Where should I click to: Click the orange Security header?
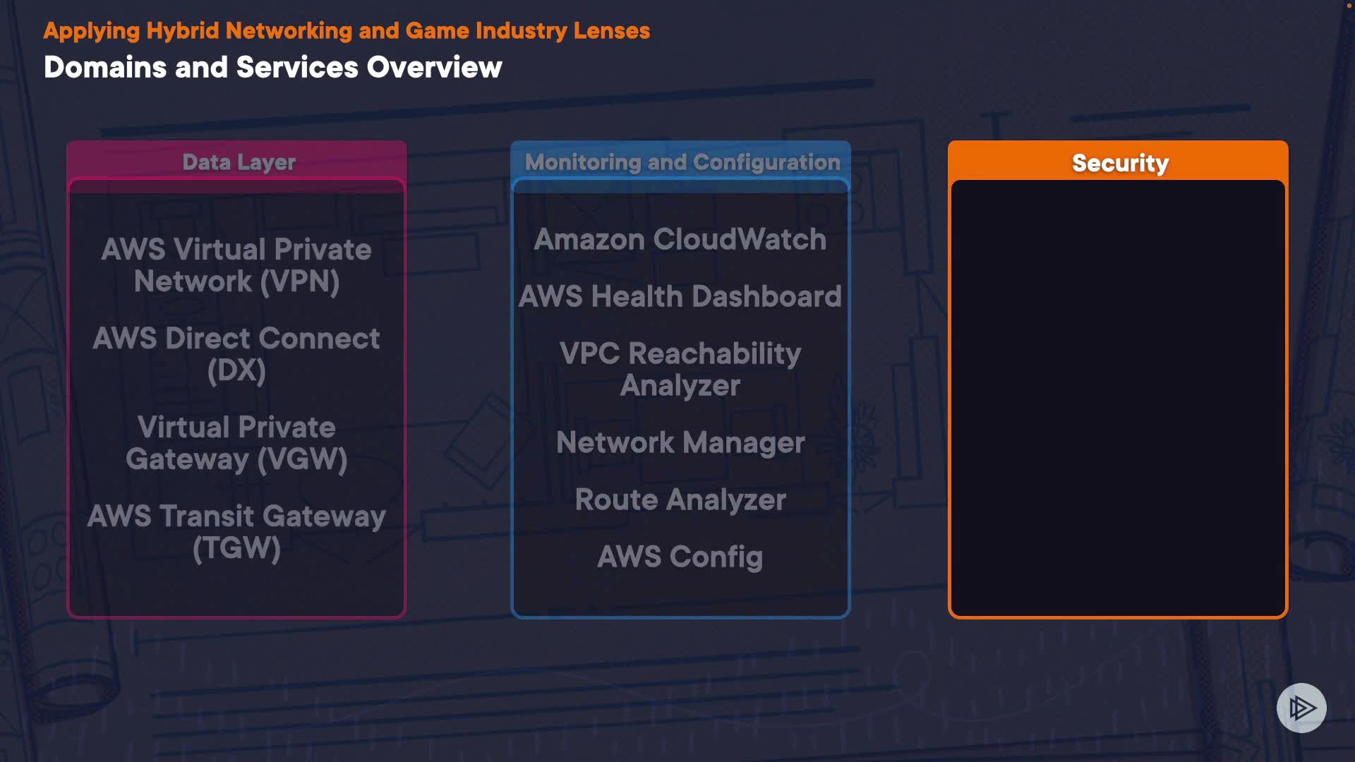[1119, 163]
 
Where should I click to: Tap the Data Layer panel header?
[239, 162]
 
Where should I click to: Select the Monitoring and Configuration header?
[682, 162]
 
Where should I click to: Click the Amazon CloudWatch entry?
[680, 240]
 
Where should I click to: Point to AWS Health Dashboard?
[680, 297]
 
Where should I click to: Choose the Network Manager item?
[680, 443]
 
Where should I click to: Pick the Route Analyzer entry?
[680, 500]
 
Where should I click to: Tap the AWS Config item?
[680, 557]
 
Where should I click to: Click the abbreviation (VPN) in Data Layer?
[299, 282]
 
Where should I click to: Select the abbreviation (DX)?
[236, 371]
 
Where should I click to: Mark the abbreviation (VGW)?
[302, 460]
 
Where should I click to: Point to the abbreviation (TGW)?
[236, 549]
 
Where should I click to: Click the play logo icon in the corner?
[1301, 708]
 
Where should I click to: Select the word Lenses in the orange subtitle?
[611, 31]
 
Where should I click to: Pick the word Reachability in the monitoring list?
[714, 354]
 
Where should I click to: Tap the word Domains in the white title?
[105, 68]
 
